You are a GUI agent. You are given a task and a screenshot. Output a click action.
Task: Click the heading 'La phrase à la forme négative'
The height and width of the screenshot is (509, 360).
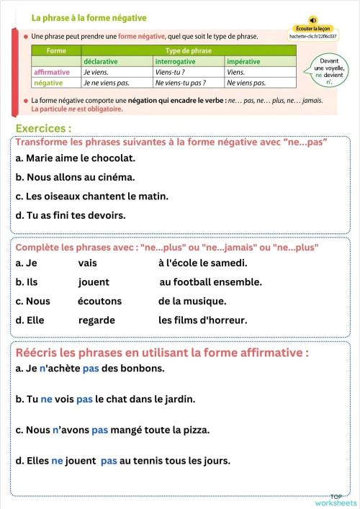click(89, 17)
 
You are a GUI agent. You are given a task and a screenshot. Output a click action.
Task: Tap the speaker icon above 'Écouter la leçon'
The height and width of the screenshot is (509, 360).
click(312, 20)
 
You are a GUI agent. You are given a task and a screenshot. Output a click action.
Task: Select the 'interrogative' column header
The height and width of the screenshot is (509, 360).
click(176, 62)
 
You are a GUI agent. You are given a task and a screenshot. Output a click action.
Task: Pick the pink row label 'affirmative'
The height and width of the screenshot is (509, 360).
click(52, 72)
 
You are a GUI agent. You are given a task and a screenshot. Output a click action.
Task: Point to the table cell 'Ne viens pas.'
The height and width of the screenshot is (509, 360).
click(246, 83)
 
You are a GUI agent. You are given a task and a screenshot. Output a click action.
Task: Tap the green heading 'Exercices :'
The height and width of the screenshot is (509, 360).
click(43, 128)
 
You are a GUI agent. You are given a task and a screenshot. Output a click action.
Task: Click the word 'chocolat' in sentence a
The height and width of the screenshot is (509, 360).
click(114, 158)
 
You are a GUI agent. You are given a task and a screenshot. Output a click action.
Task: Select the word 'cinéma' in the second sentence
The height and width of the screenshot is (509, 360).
click(117, 176)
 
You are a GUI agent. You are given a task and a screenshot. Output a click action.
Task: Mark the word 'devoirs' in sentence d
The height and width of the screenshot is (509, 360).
click(106, 215)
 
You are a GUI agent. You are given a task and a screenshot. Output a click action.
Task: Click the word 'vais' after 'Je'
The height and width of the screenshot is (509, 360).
click(87, 263)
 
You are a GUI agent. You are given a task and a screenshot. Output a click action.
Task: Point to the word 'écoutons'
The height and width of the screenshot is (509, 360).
click(99, 301)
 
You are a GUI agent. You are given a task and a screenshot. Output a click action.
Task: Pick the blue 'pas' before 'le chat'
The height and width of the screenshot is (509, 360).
click(84, 398)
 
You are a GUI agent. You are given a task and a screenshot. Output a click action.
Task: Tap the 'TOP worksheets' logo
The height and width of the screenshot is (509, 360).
click(343, 500)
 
